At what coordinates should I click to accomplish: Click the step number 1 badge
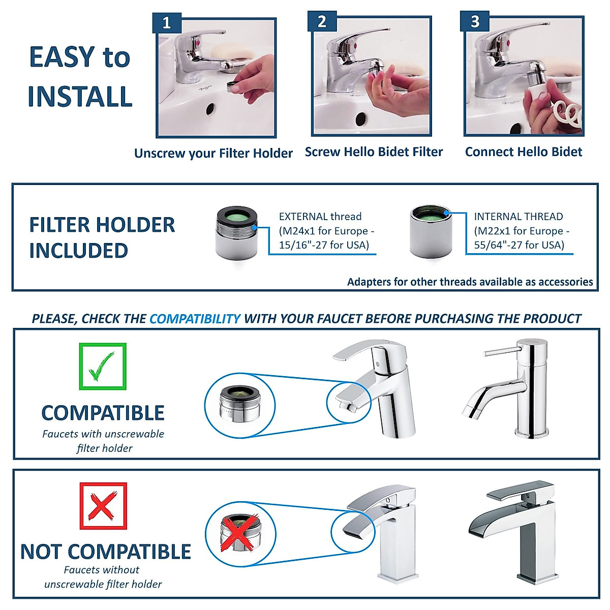167,23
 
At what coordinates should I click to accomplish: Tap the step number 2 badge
322,22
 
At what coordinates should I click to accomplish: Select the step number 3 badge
475,22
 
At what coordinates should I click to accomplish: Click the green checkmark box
103,367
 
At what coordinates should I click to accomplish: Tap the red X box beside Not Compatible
103,506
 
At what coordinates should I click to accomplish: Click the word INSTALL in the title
80,97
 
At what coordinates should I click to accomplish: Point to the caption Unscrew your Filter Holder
213,153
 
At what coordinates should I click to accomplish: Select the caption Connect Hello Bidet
524,151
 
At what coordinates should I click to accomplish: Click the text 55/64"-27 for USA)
519,245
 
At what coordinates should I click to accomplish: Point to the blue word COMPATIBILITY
195,319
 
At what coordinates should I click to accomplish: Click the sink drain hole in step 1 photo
209,108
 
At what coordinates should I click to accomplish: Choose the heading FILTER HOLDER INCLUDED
102,237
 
